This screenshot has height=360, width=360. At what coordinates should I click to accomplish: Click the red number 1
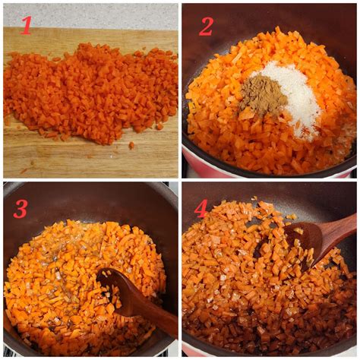pyautogui.click(x=26, y=25)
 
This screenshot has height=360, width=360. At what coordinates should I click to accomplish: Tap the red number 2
pyautogui.click(x=206, y=27)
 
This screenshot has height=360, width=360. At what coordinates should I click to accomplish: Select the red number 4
pyautogui.click(x=201, y=209)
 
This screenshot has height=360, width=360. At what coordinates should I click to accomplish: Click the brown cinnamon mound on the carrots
pyautogui.click(x=263, y=96)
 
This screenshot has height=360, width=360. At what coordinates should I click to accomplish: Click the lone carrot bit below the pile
pyautogui.click(x=131, y=145)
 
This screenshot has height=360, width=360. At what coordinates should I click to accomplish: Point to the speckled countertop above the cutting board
pyautogui.click(x=90, y=16)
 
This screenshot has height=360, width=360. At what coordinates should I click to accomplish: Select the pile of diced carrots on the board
pyautogui.click(x=91, y=91)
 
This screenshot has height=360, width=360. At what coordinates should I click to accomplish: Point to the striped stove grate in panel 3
pyautogui.click(x=10, y=353)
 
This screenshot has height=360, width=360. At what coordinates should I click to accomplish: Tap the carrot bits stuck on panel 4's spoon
pyautogui.click(x=298, y=243)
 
